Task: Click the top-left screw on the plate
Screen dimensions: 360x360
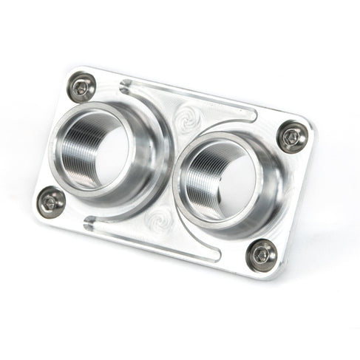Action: pos(80,88)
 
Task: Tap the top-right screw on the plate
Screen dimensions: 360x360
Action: pos(293,136)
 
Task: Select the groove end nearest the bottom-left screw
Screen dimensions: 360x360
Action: pos(87,220)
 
